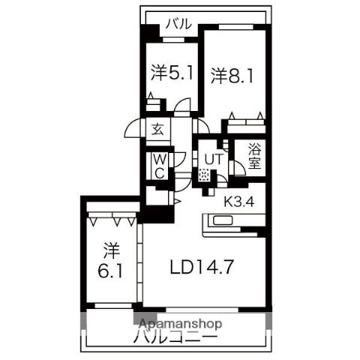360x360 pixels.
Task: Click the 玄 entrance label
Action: [x=159, y=128]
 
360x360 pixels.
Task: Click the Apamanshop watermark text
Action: [x=178, y=324]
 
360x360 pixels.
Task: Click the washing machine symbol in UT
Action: [x=205, y=175]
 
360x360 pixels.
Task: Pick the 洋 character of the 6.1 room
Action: [x=112, y=247]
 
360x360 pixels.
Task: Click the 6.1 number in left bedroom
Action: [x=111, y=269]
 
